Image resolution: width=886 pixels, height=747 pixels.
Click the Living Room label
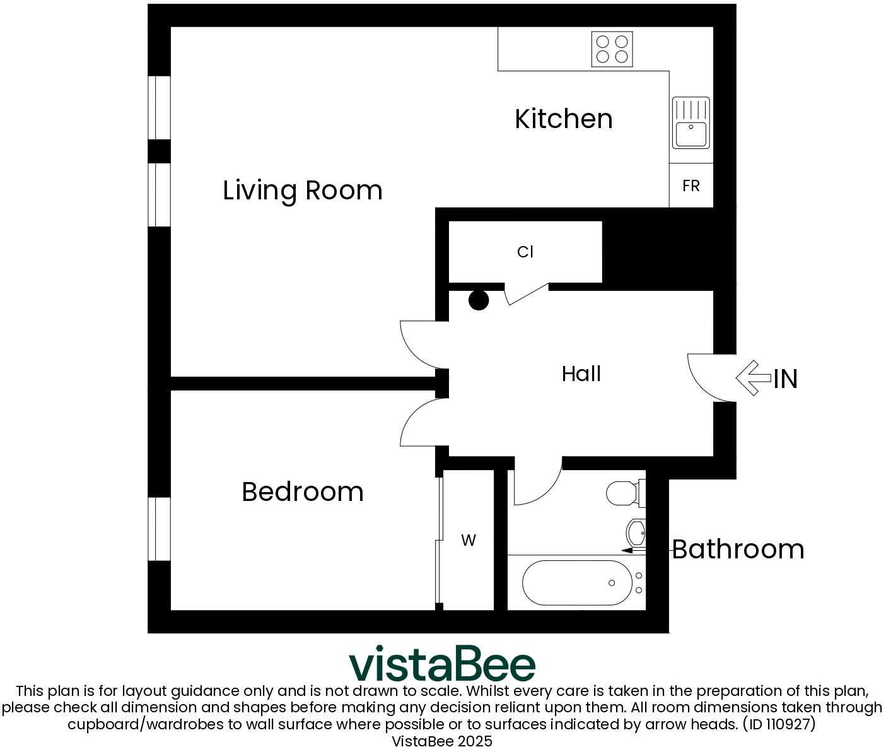[x=303, y=190]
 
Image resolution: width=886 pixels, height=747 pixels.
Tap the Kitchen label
[x=563, y=119]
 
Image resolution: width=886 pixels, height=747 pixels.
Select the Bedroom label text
[x=303, y=491]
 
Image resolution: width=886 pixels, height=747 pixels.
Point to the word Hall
[x=581, y=374]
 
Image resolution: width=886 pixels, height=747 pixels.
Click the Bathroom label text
[x=738, y=549]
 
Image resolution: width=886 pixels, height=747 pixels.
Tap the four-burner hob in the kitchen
[x=612, y=49]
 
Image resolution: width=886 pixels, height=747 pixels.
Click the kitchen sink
[x=691, y=123]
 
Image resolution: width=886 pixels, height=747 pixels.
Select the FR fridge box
[x=691, y=185]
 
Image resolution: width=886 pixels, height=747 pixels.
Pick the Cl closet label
[x=525, y=252]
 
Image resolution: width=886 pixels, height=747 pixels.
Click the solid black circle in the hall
[x=479, y=300]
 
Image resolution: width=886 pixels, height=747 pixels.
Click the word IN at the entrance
[x=786, y=379]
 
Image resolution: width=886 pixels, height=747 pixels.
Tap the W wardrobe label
[x=468, y=540]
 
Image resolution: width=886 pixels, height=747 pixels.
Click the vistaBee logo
[x=442, y=664]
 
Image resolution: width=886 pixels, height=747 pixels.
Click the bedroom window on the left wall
[x=160, y=529]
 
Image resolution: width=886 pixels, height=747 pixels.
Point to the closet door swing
[x=527, y=293]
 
